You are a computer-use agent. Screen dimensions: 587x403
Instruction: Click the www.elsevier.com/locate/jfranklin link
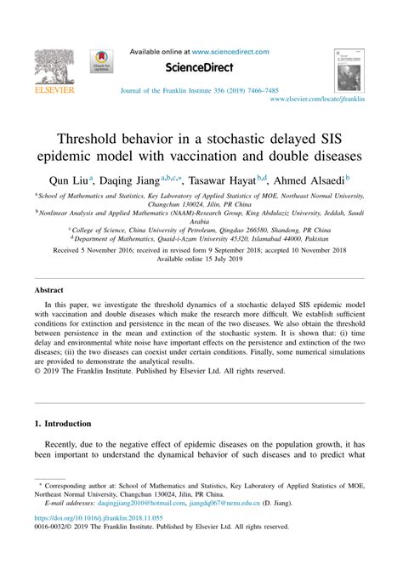[x=316, y=100]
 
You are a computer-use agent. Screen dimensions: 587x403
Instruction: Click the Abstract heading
[x=49, y=290]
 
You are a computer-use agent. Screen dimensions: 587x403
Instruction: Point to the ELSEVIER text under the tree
[x=54, y=88]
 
